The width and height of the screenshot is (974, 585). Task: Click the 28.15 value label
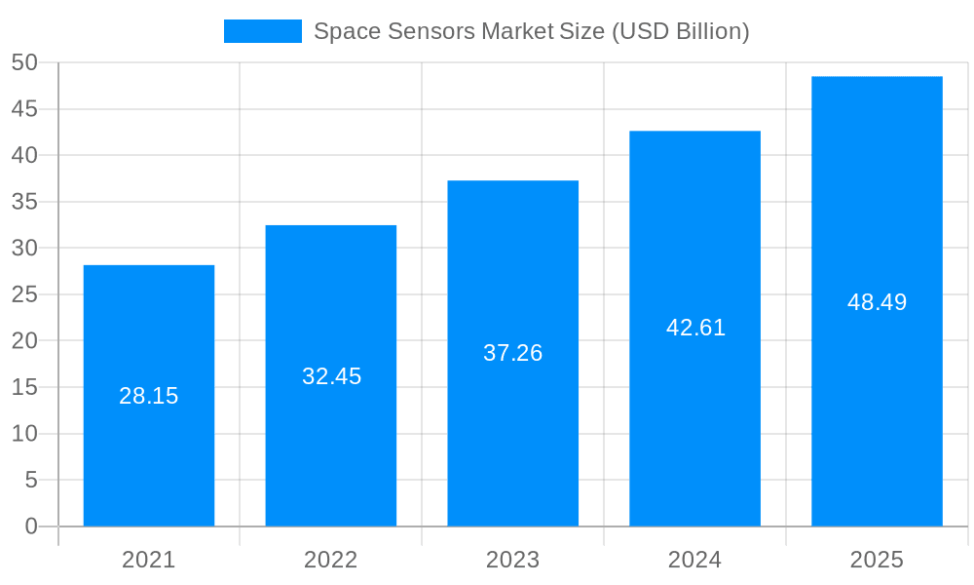[149, 396]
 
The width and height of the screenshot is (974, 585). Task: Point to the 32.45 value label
[331, 376]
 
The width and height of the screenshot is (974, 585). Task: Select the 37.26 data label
[513, 353]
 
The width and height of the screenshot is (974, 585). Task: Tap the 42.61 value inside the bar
[695, 328]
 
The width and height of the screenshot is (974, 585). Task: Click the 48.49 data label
[877, 302]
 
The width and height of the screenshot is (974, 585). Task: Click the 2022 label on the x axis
[331, 560]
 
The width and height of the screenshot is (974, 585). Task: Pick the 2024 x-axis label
[695, 560]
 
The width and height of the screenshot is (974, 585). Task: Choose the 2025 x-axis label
[877, 560]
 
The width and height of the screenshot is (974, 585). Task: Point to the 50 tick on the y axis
[24, 62]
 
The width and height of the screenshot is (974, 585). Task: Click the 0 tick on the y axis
[31, 526]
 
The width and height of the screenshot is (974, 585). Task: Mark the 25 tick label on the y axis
[24, 294]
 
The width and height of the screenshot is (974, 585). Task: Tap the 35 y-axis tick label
[24, 202]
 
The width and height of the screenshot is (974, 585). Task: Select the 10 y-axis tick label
[24, 434]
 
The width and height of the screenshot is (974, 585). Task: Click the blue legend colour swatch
[263, 31]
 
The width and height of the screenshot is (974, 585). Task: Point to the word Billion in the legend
[711, 31]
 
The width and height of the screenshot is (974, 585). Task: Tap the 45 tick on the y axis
[24, 109]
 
